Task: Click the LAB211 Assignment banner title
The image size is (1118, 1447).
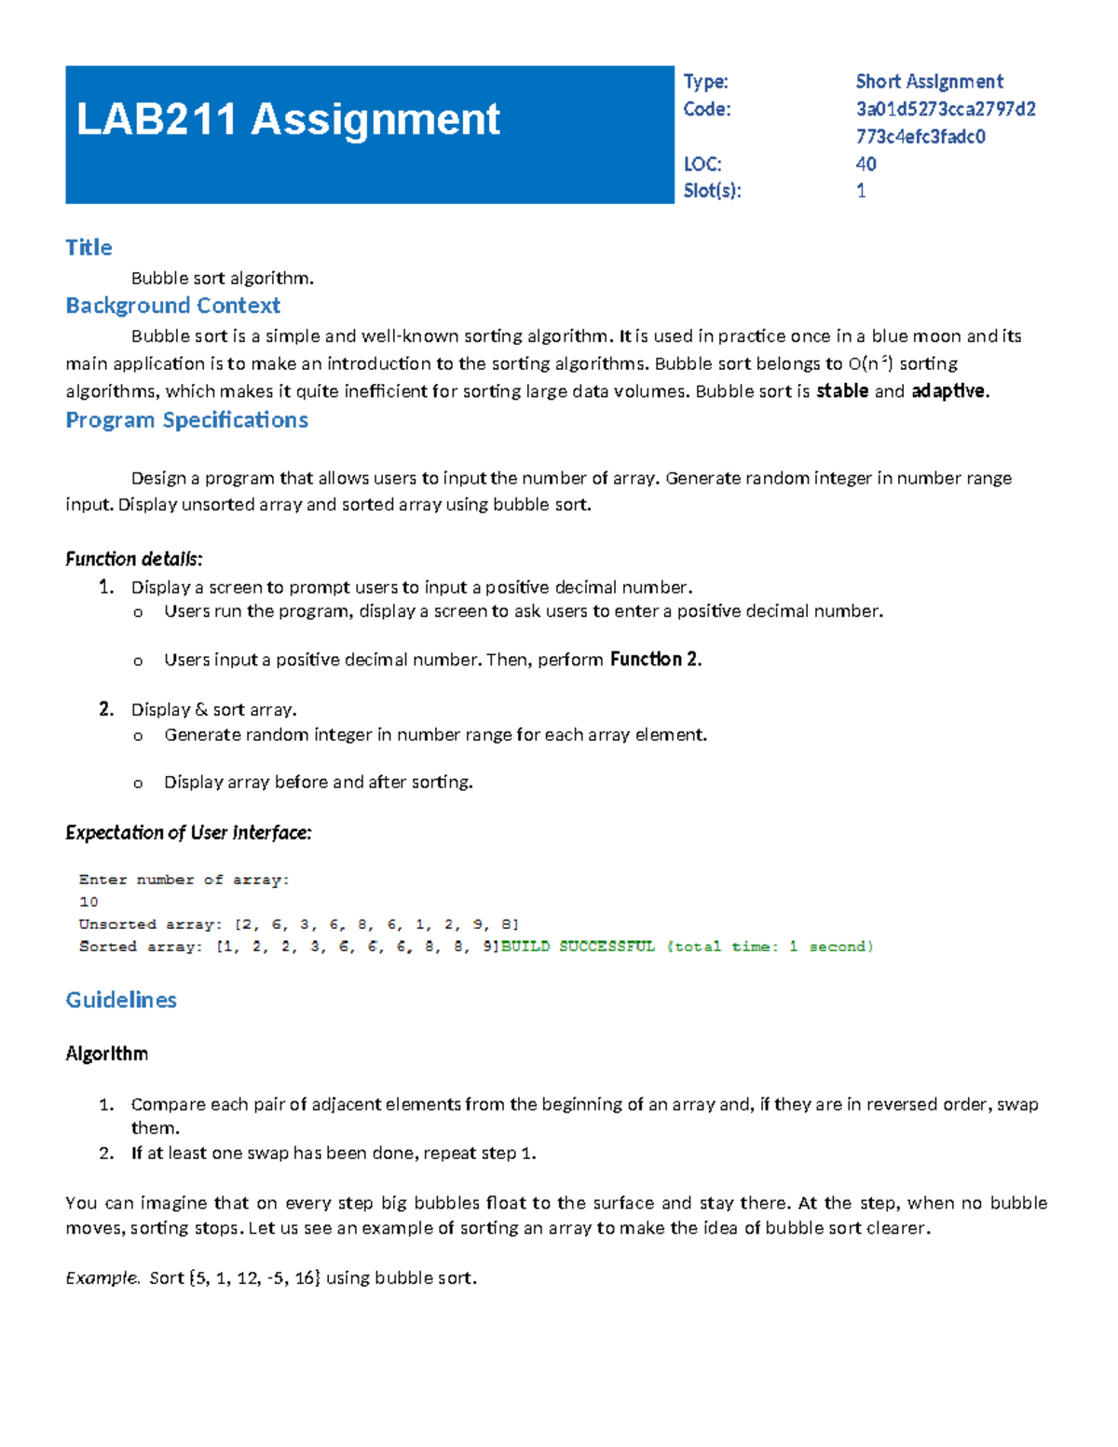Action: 288,119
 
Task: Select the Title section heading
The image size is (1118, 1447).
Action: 89,247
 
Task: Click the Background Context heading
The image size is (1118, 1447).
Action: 172,306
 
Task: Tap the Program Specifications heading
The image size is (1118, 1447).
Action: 186,420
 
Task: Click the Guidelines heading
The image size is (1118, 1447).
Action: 121,1000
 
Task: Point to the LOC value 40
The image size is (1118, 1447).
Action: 866,164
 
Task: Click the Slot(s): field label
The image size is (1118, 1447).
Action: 712,191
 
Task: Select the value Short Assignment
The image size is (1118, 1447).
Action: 929,82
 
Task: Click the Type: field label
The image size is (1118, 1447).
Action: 705,82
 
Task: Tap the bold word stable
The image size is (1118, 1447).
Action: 842,391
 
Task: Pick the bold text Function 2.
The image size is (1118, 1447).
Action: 655,660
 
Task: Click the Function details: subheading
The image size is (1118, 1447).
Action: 133,559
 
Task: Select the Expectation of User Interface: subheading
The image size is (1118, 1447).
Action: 188,833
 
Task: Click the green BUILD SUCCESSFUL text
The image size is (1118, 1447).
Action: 578,947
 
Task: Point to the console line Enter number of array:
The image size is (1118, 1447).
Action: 184,880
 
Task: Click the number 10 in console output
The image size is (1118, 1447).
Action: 89,902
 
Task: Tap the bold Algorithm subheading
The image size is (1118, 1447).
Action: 106,1054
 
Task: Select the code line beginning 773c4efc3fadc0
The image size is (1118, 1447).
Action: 920,137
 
